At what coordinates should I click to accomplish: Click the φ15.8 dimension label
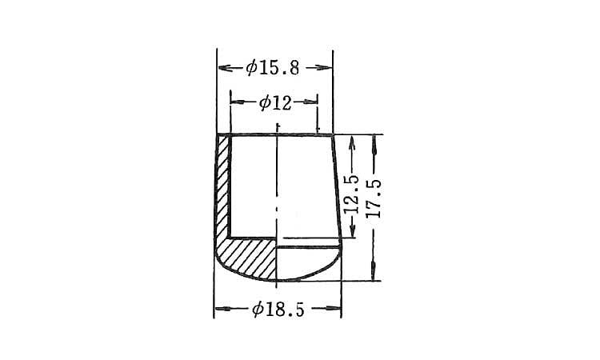[273, 69]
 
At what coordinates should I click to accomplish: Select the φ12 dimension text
[275, 102]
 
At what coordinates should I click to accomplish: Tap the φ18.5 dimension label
[278, 309]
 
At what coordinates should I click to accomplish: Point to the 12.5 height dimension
[352, 194]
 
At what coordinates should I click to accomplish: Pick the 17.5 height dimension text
[374, 199]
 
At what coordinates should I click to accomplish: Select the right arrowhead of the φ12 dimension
[310, 102]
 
